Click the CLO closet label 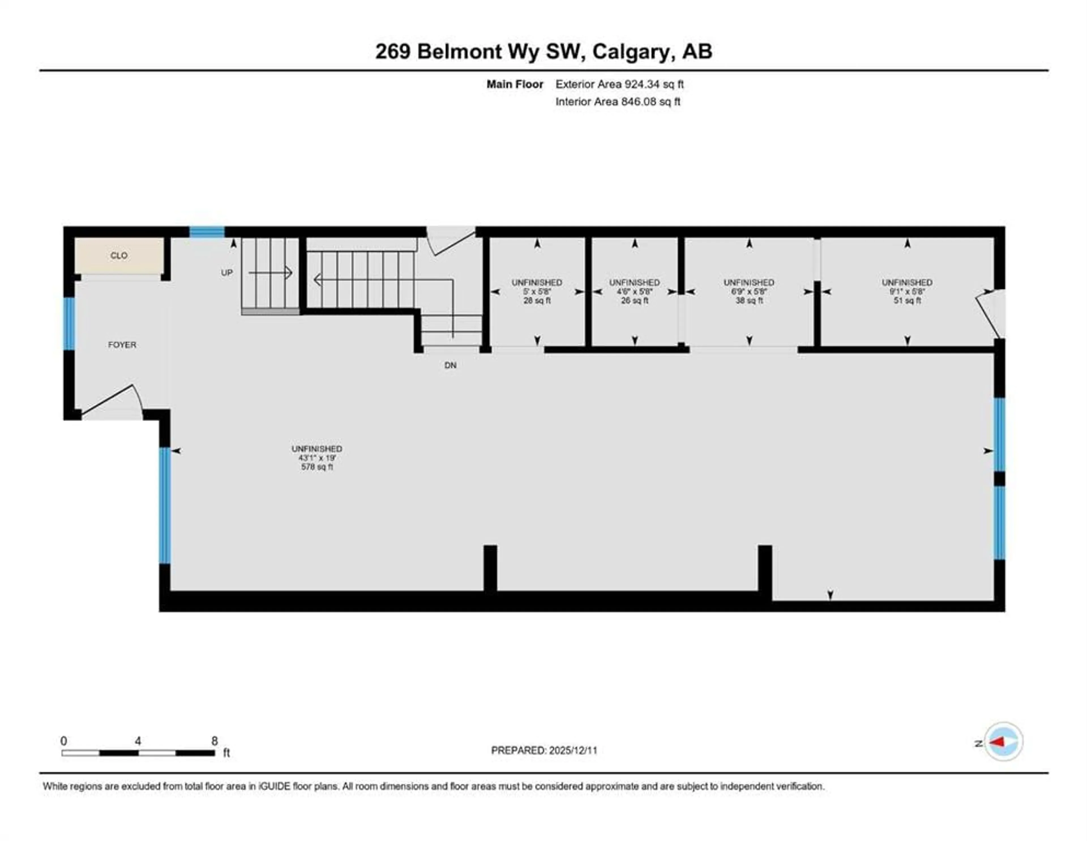coord(119,255)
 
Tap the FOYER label coord(122,345)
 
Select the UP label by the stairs coord(227,273)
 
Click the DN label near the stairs coord(450,366)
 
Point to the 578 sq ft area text coord(317,467)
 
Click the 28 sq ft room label coord(537,301)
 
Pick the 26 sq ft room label coord(635,301)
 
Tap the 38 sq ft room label coord(749,301)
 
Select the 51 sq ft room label coord(907,301)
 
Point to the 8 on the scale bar coord(215,741)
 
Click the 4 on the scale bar coord(138,741)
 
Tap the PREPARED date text coord(544,750)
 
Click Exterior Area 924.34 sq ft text coord(620,84)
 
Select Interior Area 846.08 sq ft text coord(618,102)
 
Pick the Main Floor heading coord(515,84)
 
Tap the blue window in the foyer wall coord(69,324)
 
